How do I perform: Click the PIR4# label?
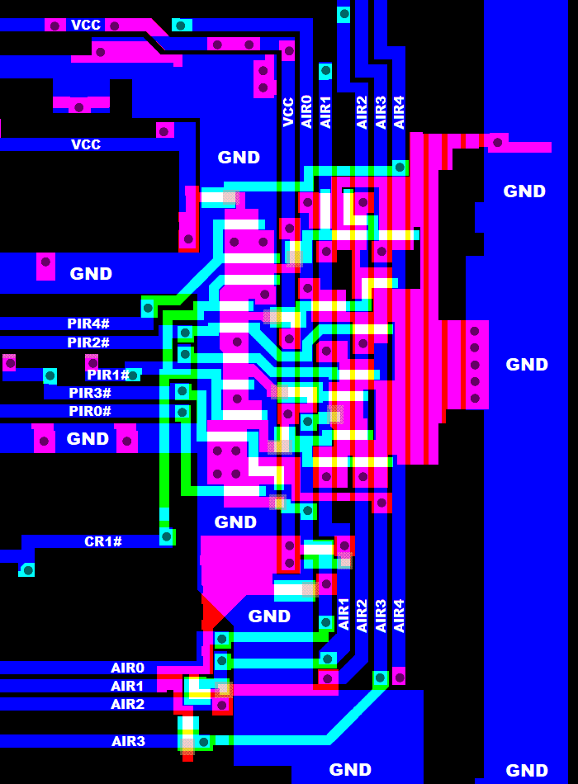point(88,324)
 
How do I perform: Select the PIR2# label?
point(88,342)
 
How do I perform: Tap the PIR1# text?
point(107,375)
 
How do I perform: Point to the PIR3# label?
point(89,393)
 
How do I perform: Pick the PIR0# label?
point(89,411)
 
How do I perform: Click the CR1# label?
point(103,541)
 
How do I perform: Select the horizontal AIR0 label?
point(127,668)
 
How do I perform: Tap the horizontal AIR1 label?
point(127,686)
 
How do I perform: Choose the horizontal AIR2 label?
point(127,704)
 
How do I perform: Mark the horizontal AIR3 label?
point(128,741)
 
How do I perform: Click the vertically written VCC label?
point(288,112)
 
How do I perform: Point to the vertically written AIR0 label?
point(306,111)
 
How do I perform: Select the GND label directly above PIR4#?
point(91,273)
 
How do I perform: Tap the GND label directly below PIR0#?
point(88,438)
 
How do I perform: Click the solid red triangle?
point(211,612)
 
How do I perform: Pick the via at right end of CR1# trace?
point(167,537)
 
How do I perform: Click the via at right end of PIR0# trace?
point(182,413)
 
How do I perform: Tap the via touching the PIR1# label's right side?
point(133,375)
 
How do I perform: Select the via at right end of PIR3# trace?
point(182,391)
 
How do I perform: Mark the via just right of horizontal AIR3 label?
point(204,742)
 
